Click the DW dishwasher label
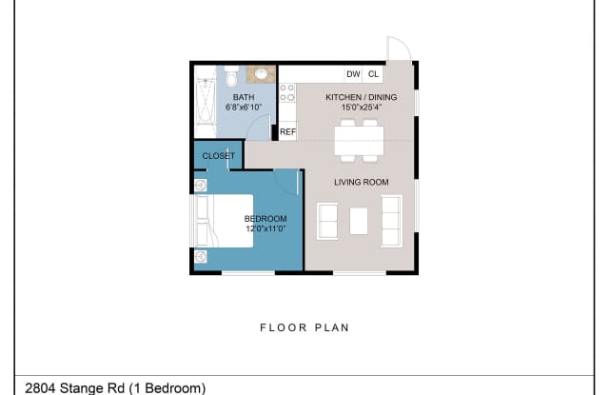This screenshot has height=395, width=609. pyautogui.click(x=353, y=74)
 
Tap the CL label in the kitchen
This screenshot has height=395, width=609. pyautogui.click(x=373, y=74)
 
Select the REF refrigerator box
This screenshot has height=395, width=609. pyautogui.click(x=287, y=131)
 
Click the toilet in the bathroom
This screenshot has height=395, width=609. pyautogui.click(x=231, y=76)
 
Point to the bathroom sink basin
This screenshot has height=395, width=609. pyautogui.click(x=261, y=74)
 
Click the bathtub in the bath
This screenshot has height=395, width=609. pyautogui.click(x=206, y=102)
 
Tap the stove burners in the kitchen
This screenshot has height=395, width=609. pyautogui.click(x=287, y=93)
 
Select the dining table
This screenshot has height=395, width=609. pyautogui.click(x=360, y=141)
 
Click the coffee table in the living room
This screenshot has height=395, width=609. pyautogui.click(x=359, y=221)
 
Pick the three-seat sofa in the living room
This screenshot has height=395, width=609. pyautogui.click(x=391, y=221)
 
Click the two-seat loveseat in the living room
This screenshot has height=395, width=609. pyautogui.click(x=327, y=221)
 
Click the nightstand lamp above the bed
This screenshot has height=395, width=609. pyautogui.click(x=201, y=186)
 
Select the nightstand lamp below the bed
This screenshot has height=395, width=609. pyautogui.click(x=201, y=256)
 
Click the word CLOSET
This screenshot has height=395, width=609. pyautogui.click(x=219, y=156)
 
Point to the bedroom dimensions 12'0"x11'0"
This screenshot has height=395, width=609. pyautogui.click(x=265, y=228)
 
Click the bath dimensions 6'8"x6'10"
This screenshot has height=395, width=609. pyautogui.click(x=244, y=108)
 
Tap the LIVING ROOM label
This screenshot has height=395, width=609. pyautogui.click(x=362, y=182)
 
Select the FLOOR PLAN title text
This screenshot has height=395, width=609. pyautogui.click(x=304, y=327)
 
